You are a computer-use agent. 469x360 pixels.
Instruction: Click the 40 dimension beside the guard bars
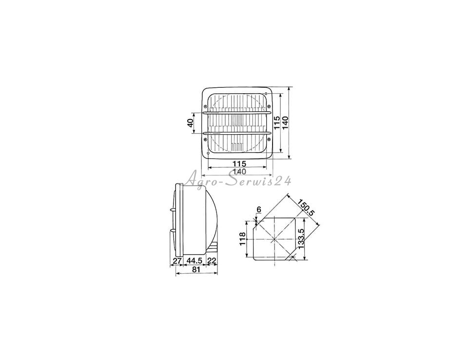point(190,123)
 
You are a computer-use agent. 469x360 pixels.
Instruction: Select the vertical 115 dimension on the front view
point(277,123)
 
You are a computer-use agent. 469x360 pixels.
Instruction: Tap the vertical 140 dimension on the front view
point(285,123)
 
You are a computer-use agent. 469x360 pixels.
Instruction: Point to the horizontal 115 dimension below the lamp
point(239,164)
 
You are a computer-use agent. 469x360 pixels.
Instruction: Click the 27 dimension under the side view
point(177,260)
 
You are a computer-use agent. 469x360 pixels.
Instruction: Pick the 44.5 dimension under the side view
point(195,260)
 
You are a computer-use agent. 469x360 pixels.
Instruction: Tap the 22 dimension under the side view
point(212,260)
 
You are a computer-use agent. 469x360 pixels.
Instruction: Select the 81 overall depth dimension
point(196,269)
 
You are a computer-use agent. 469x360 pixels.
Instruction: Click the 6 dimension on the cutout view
point(259,209)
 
